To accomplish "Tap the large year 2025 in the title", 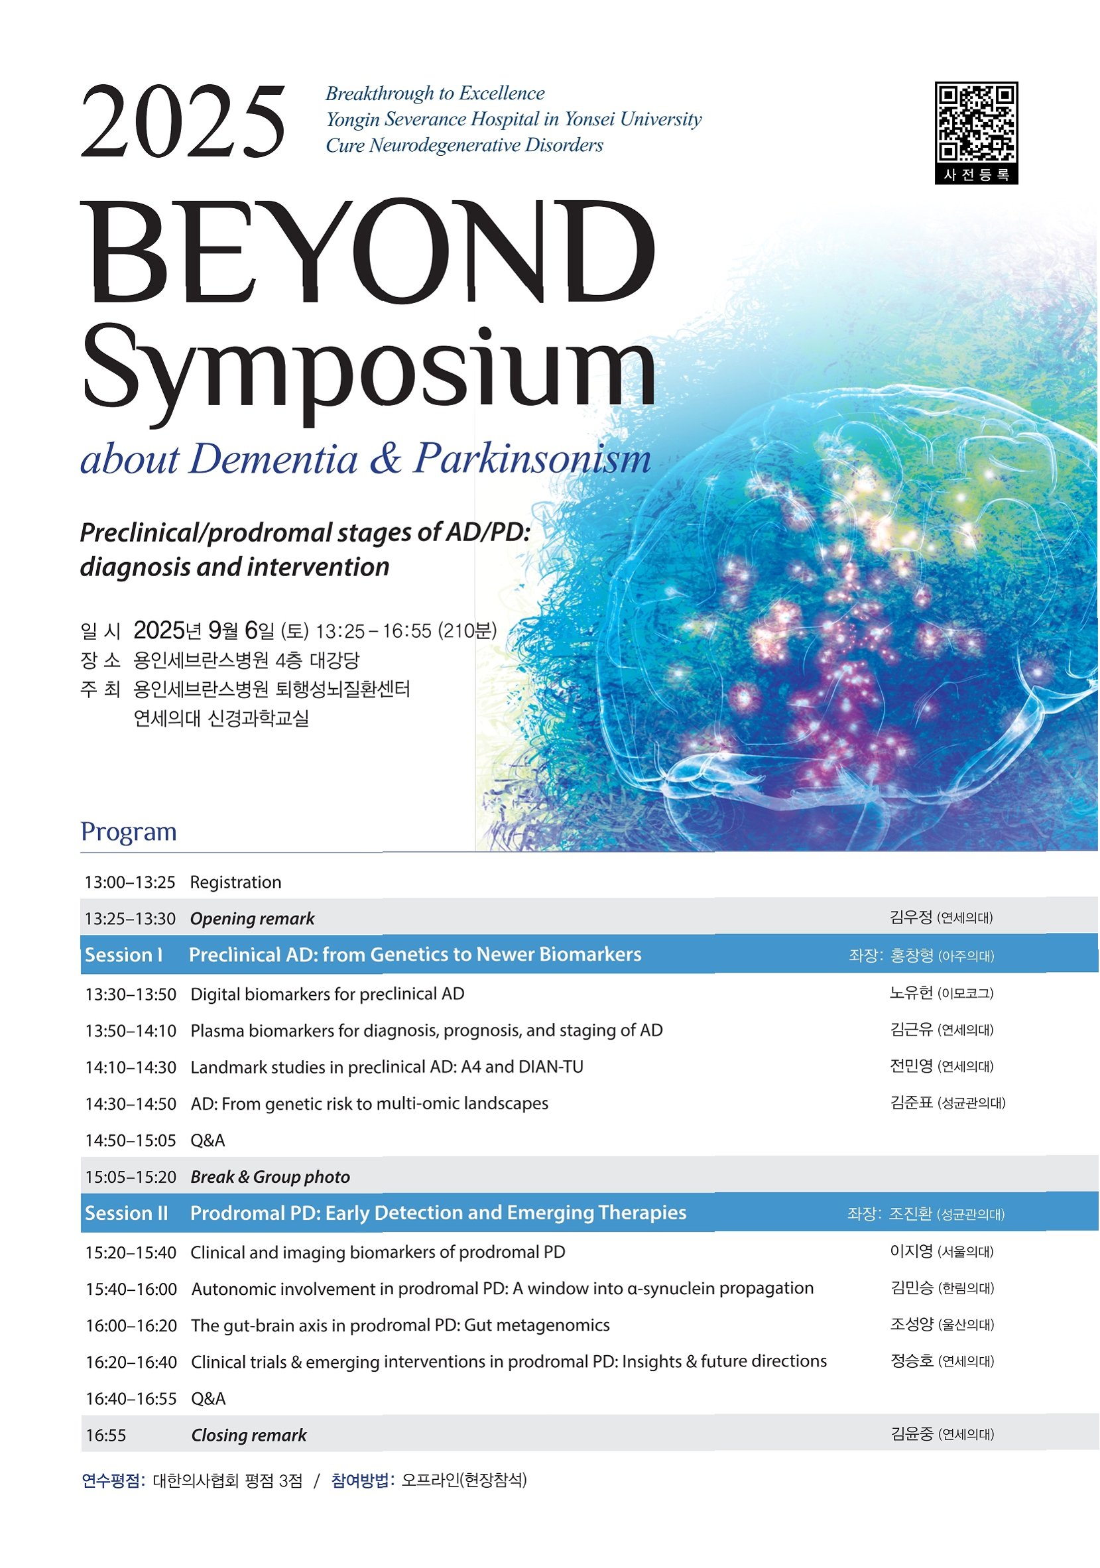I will (183, 122).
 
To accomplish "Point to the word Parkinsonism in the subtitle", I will (532, 458).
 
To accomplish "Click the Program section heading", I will (129, 831).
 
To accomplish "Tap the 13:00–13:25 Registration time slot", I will (130, 882).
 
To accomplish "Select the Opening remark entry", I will (252, 918).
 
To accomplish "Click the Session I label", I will (123, 954).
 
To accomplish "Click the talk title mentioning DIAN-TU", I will (387, 1067).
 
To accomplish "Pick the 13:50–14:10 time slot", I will (131, 1030).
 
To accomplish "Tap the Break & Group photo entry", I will (270, 1177).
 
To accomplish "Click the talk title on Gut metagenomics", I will (400, 1325).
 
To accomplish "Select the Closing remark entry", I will (249, 1435).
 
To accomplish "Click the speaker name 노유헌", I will (911, 993).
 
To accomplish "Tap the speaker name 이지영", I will (911, 1251).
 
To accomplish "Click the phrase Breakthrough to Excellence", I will (435, 93).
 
